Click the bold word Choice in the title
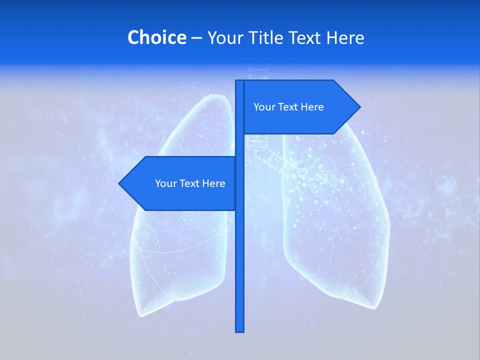pos(156,37)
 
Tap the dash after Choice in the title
pos(196,38)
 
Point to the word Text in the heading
pos(306,37)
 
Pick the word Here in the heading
pos(346,37)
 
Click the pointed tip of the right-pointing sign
pos(359,106)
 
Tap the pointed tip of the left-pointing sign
pos(120,183)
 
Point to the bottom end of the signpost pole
pos(240,330)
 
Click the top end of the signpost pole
pos(239,81)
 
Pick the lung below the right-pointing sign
pos(335,225)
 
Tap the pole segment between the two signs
pos(240,145)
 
